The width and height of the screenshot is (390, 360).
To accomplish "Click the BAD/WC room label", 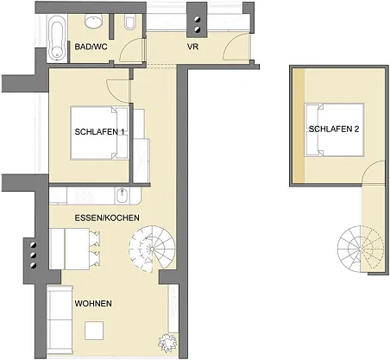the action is [x=91, y=47].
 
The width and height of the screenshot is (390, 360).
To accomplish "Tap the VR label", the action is [x=192, y=47].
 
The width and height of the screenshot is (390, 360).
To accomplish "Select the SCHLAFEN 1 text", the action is [x=99, y=132].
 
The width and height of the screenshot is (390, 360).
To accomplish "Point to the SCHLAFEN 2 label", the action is [x=334, y=129].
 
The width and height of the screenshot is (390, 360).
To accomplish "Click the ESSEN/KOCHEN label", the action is [x=107, y=218].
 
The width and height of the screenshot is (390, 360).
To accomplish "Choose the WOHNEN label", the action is [x=93, y=303].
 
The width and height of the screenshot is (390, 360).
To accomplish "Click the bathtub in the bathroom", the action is [x=57, y=38].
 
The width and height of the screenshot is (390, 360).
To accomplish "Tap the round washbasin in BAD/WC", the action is [x=94, y=22].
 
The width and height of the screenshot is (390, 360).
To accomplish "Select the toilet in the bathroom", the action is [x=129, y=22].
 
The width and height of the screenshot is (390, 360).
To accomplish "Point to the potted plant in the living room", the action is [x=167, y=343].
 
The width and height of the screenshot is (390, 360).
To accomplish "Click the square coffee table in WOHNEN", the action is [x=94, y=331].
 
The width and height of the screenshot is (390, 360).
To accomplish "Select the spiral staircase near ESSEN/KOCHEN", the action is [x=152, y=249].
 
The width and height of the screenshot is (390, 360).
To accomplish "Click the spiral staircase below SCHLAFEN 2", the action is [x=361, y=249].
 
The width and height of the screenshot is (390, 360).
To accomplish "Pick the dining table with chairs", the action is [x=75, y=249].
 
